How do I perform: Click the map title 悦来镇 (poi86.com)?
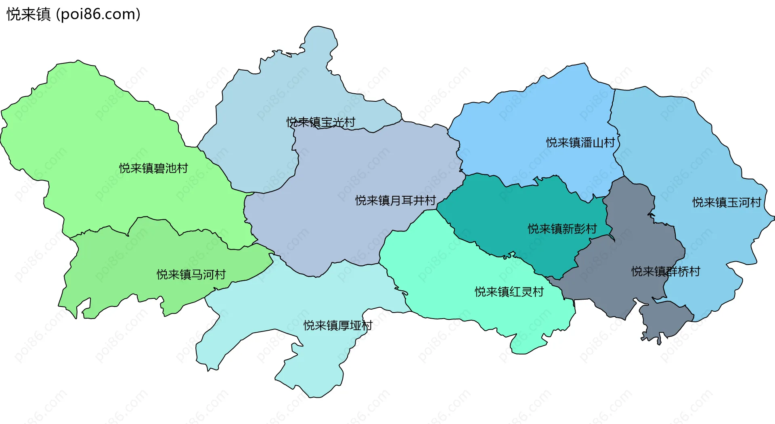tap(73, 14)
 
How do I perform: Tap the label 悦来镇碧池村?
tap(153, 168)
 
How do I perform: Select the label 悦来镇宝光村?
tap(321, 122)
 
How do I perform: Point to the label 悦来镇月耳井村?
tap(395, 200)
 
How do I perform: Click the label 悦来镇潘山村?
tap(580, 142)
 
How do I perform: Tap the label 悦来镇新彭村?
tap(562, 229)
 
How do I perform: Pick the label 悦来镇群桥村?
tap(666, 271)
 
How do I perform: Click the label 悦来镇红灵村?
tap(509, 292)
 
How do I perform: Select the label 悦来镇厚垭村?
tap(338, 325)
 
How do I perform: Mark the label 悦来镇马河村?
tap(191, 275)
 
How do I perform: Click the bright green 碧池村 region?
tap(101, 133)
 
